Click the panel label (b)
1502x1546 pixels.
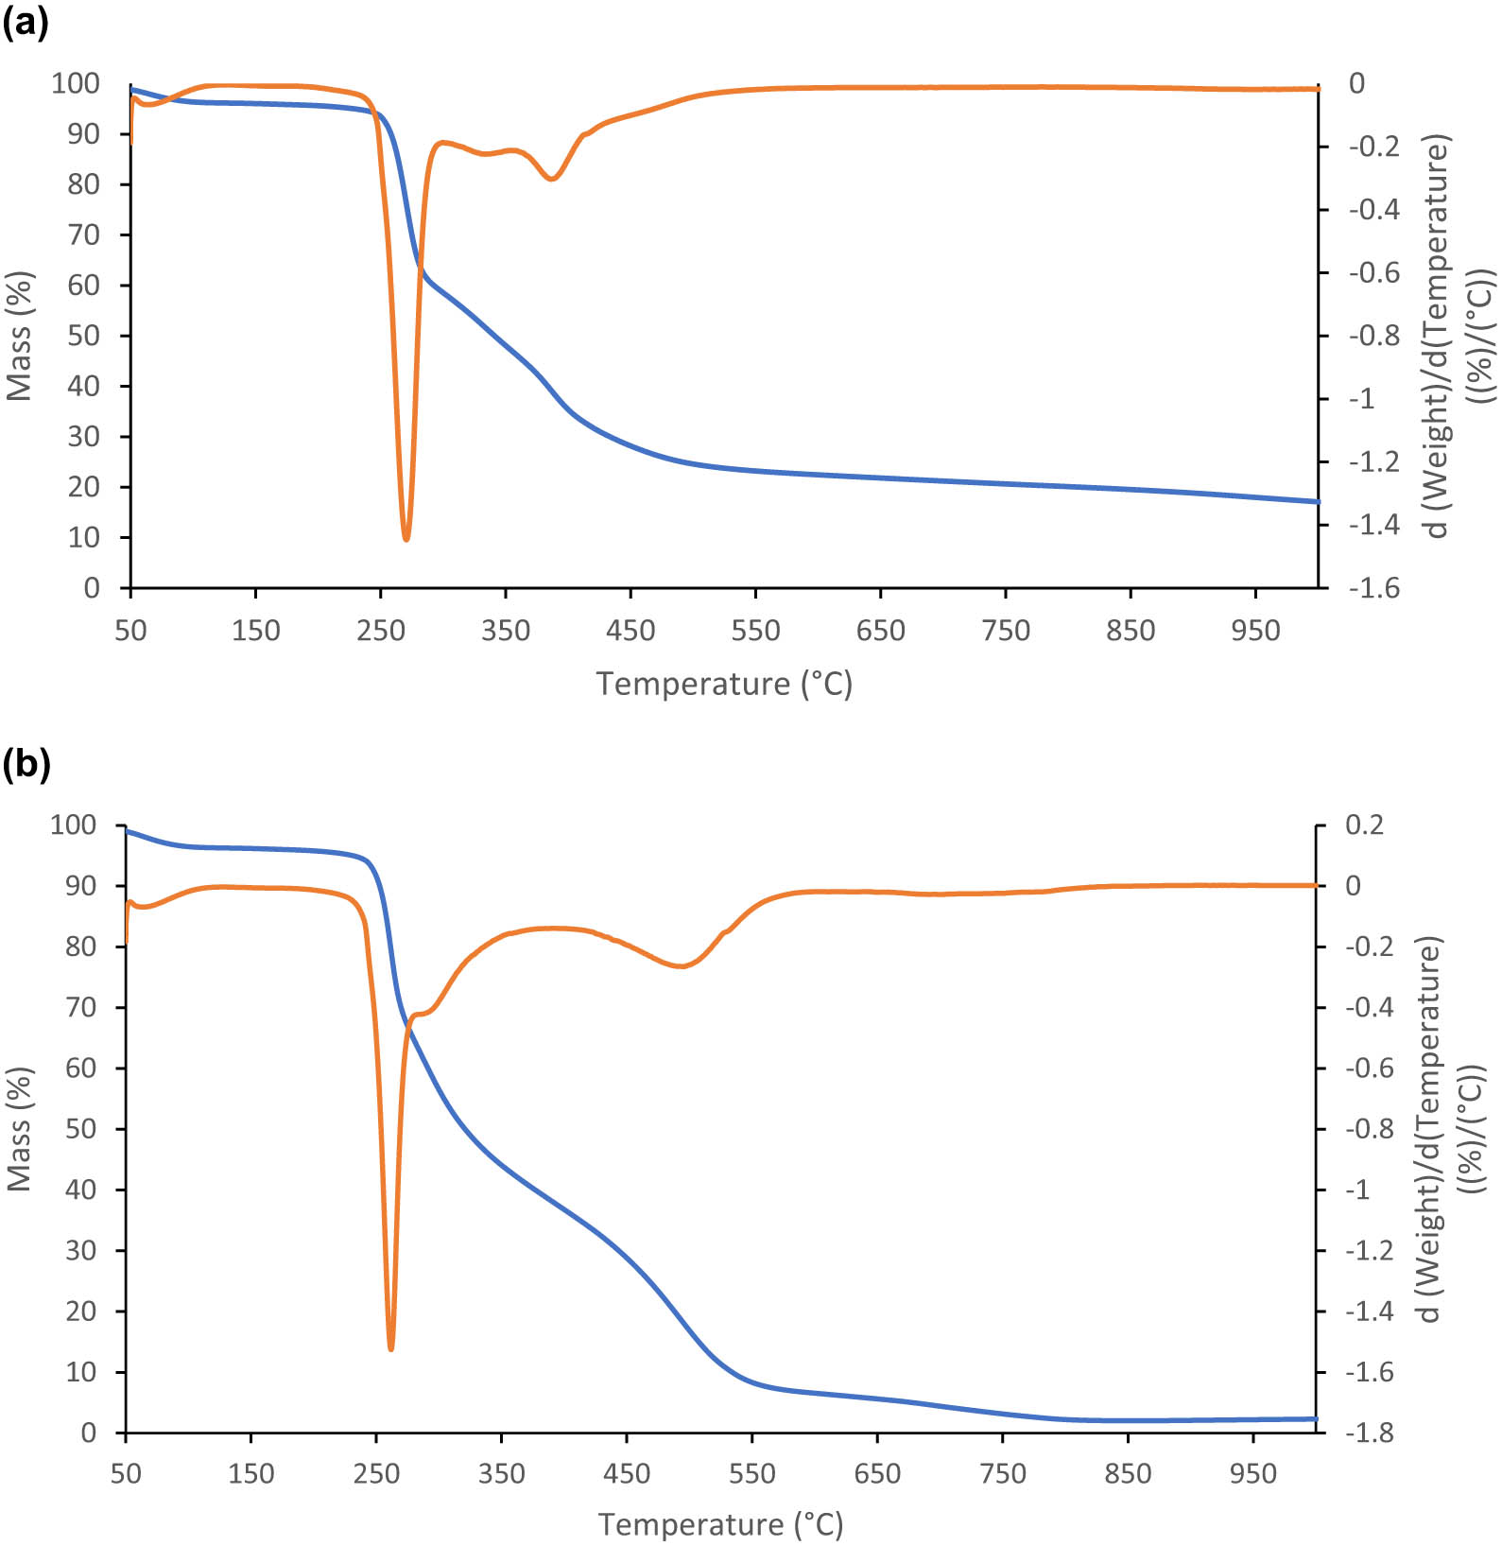26,763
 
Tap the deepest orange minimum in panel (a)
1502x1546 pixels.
406,538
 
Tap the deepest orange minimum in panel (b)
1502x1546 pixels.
391,1348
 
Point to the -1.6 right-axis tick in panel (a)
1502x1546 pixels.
1373,588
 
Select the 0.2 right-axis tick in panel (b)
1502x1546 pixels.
1364,825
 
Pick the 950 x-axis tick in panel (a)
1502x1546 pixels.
1254,631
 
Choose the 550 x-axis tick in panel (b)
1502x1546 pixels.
751,1473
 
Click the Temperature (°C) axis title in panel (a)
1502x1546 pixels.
724,684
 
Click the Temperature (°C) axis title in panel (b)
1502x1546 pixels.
720,1524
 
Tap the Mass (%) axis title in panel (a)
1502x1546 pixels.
20,336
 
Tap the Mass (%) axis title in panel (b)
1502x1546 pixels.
20,1129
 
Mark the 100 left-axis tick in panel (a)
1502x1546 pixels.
76,83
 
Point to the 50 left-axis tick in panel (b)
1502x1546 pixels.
81,1129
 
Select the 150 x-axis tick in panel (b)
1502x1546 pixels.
250,1473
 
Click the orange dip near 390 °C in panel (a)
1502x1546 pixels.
553,179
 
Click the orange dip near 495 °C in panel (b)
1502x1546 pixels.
682,966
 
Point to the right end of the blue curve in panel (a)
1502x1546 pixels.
1317,501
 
